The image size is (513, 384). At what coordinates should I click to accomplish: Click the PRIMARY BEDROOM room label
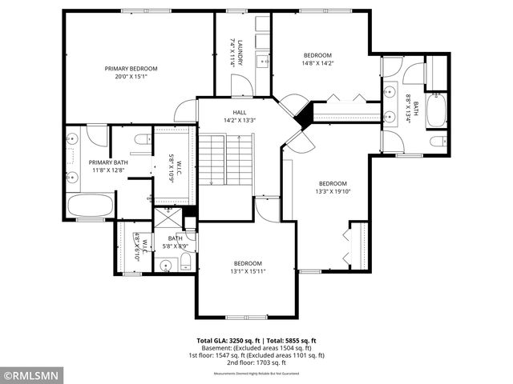pyautogui.click(x=131, y=69)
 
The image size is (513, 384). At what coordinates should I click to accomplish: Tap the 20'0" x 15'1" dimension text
pyautogui.click(x=131, y=77)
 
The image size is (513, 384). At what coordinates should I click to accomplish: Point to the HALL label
pyautogui.click(x=240, y=113)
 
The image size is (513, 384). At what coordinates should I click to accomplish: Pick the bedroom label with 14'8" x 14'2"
pyautogui.click(x=317, y=55)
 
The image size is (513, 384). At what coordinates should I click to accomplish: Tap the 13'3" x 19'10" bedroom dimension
pyautogui.click(x=333, y=191)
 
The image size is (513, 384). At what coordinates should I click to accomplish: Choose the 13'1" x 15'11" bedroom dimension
pyautogui.click(x=248, y=271)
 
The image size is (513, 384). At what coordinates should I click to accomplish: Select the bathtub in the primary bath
pyautogui.click(x=90, y=206)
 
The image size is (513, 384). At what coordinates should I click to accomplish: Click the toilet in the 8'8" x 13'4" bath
pyautogui.click(x=438, y=142)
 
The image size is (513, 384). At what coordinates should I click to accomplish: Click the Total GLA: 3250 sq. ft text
pyautogui.click(x=227, y=340)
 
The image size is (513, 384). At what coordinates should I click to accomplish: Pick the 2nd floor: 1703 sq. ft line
pyautogui.click(x=257, y=362)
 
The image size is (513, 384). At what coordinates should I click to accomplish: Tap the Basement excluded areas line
pyautogui.click(x=257, y=348)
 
